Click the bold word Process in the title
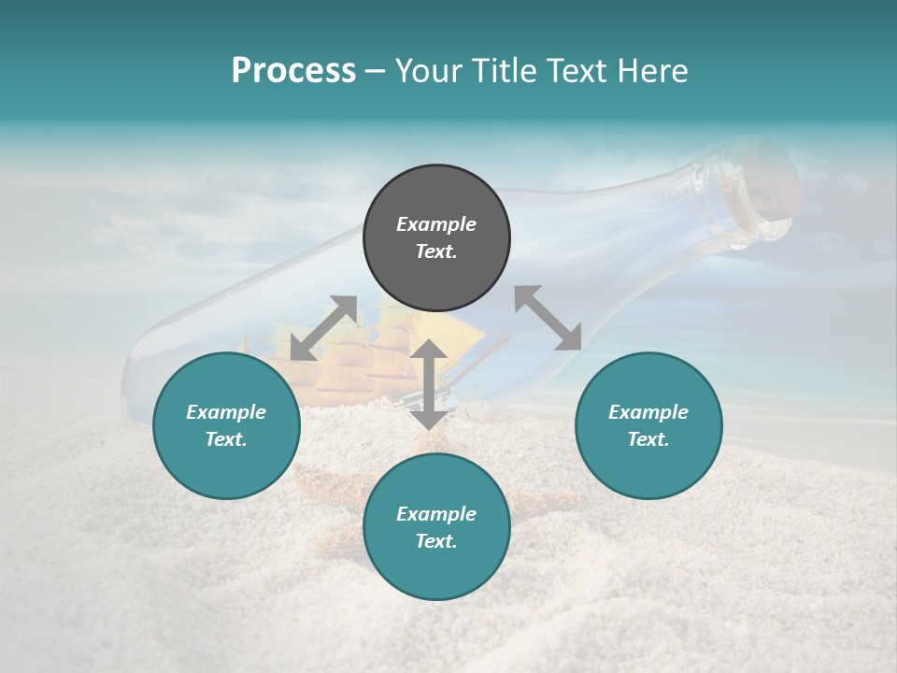pyautogui.click(x=293, y=71)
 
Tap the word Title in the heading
pyautogui.click(x=502, y=71)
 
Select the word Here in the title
pyautogui.click(x=651, y=71)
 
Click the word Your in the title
pyautogui.click(x=430, y=71)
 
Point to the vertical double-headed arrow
pyautogui.click(x=429, y=384)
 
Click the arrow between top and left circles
pyautogui.click(x=323, y=328)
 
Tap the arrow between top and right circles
pyautogui.click(x=548, y=318)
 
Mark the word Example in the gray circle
pyautogui.click(x=436, y=224)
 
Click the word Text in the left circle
pyautogui.click(x=226, y=439)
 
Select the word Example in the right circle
pyautogui.click(x=648, y=412)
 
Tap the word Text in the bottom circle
pyautogui.click(x=436, y=541)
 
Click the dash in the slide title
pyautogui.click(x=376, y=71)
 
